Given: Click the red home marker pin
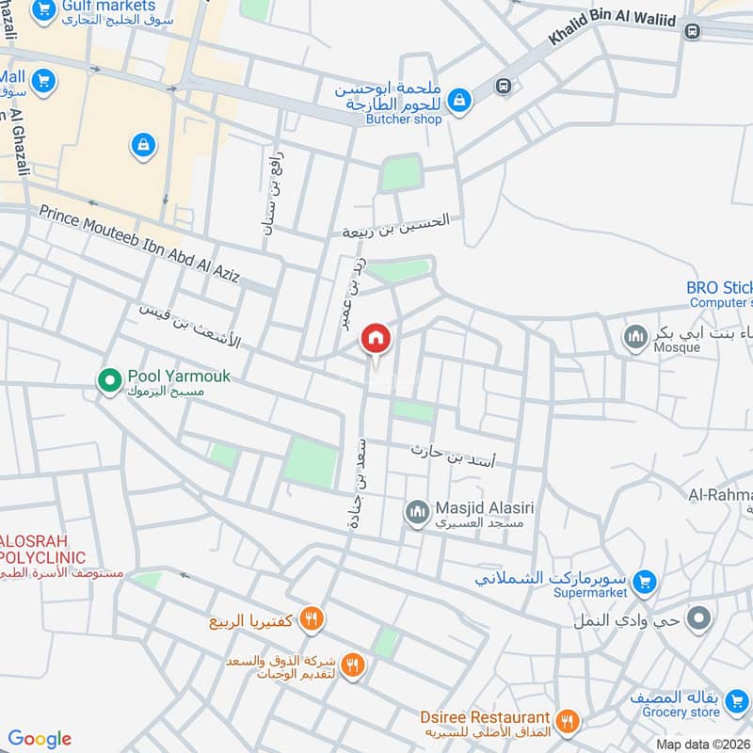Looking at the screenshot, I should (x=376, y=339).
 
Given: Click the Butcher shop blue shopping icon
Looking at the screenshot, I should (x=458, y=99).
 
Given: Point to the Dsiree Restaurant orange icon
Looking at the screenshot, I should (x=567, y=722).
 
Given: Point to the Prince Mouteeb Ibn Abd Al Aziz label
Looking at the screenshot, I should (x=138, y=242).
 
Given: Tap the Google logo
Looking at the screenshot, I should (x=40, y=739).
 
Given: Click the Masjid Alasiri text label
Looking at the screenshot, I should (x=484, y=508).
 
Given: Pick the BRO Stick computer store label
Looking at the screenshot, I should (x=720, y=288).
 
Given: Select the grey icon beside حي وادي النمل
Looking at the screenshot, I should (x=698, y=619).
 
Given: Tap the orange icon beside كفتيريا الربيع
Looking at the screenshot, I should (x=313, y=619).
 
